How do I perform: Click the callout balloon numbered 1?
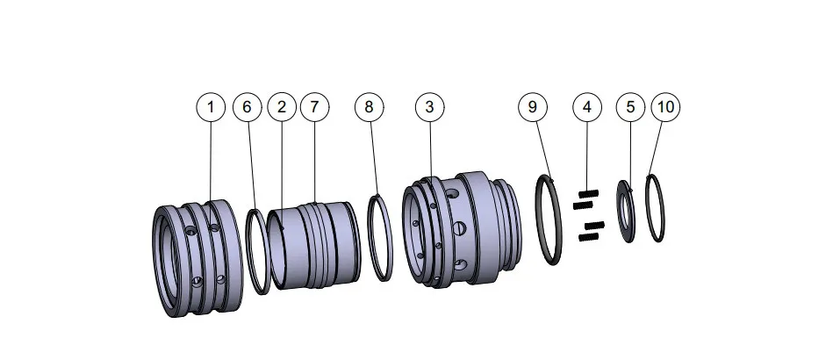click(211, 107)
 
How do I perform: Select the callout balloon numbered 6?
click(247, 107)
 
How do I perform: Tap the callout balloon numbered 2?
click(281, 107)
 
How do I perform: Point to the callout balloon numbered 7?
click(314, 107)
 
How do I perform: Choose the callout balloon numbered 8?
click(369, 107)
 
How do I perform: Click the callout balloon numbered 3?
click(429, 107)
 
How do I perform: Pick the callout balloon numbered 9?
click(532, 107)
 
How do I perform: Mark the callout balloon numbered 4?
click(587, 107)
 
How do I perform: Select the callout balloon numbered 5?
click(630, 107)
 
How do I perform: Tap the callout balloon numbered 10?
click(665, 107)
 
